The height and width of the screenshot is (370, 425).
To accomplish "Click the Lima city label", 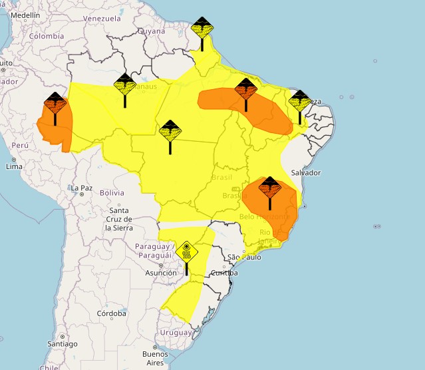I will (x=14, y=166).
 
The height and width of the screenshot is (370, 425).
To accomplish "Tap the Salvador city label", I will (x=306, y=172).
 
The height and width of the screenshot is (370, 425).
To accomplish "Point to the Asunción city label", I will (x=162, y=273).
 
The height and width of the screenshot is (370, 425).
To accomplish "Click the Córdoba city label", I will (x=111, y=313).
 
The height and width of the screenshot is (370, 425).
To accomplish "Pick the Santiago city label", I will (x=62, y=343).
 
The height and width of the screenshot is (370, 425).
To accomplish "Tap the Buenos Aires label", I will (x=155, y=359).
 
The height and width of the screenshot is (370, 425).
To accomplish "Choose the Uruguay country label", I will (x=176, y=333).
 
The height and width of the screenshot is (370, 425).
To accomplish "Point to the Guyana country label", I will (x=152, y=31).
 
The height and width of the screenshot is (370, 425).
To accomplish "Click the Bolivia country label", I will (x=112, y=193).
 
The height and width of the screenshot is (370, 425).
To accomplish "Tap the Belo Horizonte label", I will (x=264, y=217).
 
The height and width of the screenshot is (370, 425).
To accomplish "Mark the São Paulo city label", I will (x=242, y=257).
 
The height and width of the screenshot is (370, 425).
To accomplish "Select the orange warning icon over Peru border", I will (x=55, y=104).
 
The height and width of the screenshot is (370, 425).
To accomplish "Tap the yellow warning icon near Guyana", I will (x=202, y=29).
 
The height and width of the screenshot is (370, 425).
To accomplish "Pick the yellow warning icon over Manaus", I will (x=124, y=85).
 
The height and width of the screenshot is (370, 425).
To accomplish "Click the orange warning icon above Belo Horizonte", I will (x=269, y=187).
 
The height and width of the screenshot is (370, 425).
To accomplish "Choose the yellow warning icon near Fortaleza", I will (x=299, y=100).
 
